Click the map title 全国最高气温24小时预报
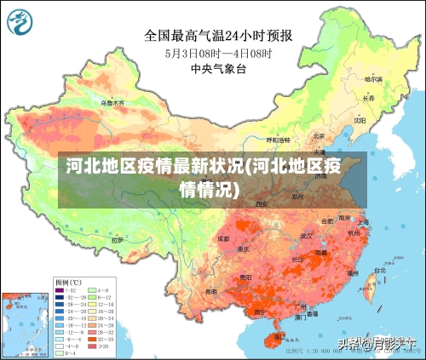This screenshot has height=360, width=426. pos(218,36)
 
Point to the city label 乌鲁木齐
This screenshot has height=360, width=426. pos(112,102)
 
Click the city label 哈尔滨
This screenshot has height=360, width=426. pos(373,79)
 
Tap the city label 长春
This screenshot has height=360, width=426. pos(368,98)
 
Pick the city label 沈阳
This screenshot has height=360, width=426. pos(360,120)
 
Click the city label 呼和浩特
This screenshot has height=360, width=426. pos(279,140)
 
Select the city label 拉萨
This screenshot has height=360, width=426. pos(115,241)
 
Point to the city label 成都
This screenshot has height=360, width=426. pos(223,239)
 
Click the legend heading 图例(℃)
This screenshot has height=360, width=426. pos(68,281)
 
